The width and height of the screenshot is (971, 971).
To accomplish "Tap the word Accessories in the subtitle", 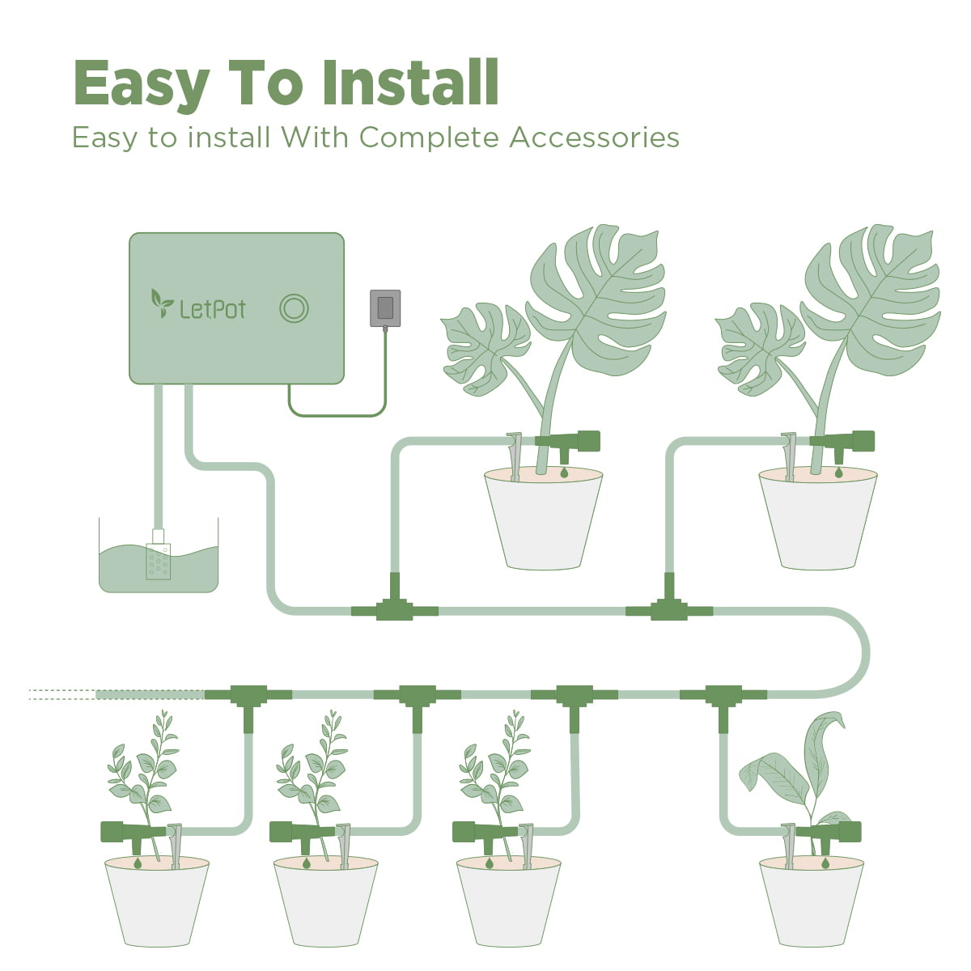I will coord(594,138).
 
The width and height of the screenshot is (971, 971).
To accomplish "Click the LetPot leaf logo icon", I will coord(162,303).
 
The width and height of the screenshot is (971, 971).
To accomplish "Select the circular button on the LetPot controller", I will coord(294,308).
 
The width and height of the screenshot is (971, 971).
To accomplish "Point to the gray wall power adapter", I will coord(385,308).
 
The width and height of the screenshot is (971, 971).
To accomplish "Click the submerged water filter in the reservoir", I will coord(159,558).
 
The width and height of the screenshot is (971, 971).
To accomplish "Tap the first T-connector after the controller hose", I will coord(395,608).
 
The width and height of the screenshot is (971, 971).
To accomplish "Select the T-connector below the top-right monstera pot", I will coord(669,608).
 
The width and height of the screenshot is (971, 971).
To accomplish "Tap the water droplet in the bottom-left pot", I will coord(138,864).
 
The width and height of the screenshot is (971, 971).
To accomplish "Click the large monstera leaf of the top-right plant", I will coord(874,299).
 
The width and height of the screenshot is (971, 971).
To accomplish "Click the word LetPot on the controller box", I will coord(212,309).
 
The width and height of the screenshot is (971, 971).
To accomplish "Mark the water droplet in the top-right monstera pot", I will coord(838,471).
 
